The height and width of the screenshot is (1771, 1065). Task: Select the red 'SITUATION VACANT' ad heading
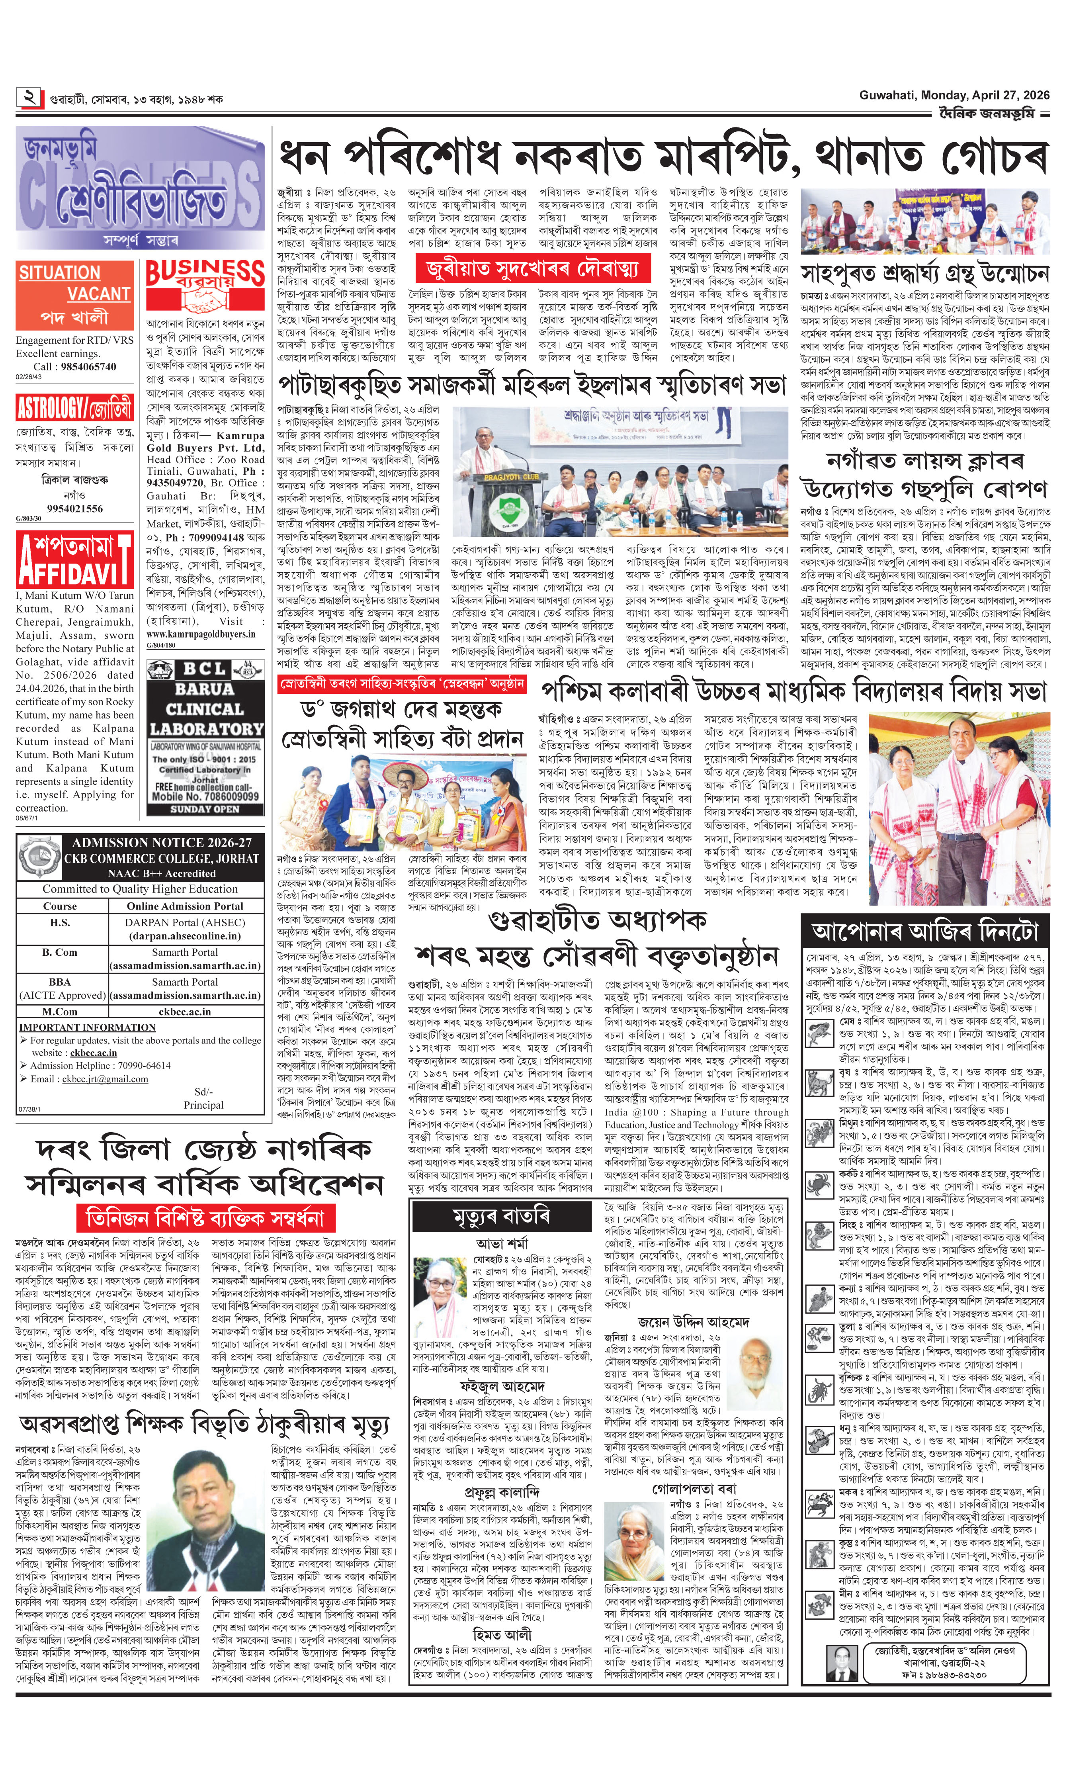tap(74, 284)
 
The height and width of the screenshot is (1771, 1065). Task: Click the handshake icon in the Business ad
tap(205, 296)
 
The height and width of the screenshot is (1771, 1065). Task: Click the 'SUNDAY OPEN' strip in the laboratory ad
tap(205, 809)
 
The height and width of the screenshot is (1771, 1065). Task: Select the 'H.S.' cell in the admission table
tap(60, 922)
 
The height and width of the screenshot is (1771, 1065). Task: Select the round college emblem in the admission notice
tap(40, 858)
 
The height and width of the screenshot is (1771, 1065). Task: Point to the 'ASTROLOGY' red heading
tap(74, 409)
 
